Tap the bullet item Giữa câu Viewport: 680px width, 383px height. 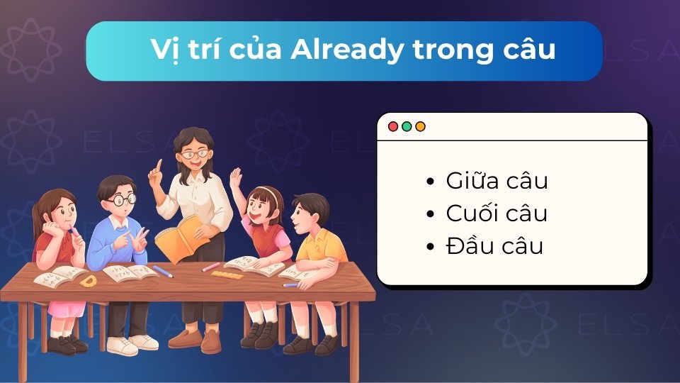[497, 181]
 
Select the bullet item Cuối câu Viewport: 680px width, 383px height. [497, 213]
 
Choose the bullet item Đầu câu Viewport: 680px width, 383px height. [494, 246]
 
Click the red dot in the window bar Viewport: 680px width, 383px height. [393, 126]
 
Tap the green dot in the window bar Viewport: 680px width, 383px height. [407, 126]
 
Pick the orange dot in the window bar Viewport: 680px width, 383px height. [420, 126]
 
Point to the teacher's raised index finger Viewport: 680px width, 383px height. [159, 165]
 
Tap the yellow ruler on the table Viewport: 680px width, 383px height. [227, 274]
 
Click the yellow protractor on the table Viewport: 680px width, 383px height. [88, 282]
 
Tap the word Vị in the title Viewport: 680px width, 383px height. [164, 51]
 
